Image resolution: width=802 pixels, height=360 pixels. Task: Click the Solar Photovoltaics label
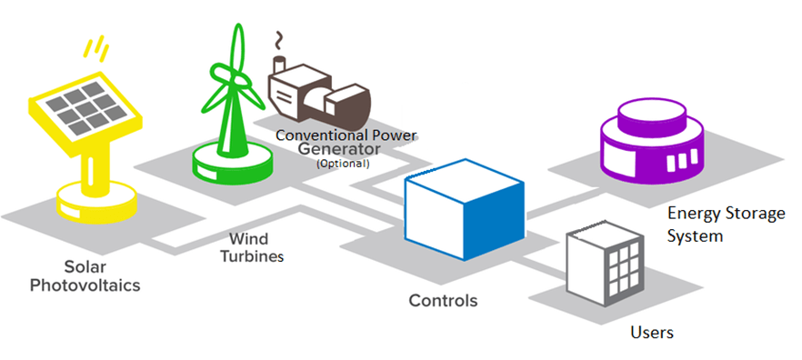coord(86,277)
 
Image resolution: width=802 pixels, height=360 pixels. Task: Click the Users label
coord(652,332)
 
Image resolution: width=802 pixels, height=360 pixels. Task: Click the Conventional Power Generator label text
coord(346,143)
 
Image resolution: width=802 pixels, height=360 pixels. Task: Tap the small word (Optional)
coord(343,165)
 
